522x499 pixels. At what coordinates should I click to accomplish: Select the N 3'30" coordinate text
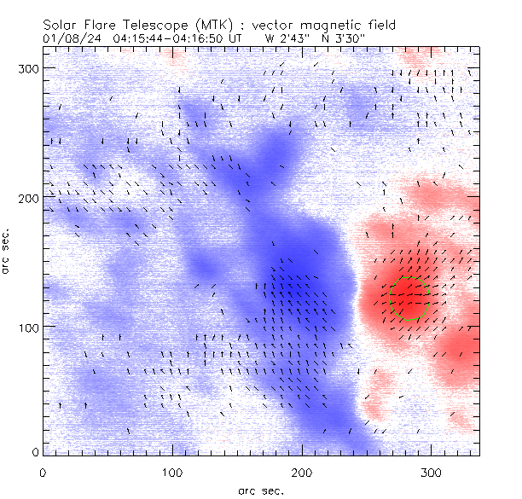[x=341, y=38]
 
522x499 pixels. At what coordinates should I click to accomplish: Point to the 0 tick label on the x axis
[x=43, y=471]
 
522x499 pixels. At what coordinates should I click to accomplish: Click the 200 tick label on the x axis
[x=301, y=471]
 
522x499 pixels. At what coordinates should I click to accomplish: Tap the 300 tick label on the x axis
[x=431, y=471]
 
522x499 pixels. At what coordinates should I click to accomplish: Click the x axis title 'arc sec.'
[x=260, y=490]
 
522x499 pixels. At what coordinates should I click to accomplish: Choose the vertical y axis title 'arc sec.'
[x=7, y=254]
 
